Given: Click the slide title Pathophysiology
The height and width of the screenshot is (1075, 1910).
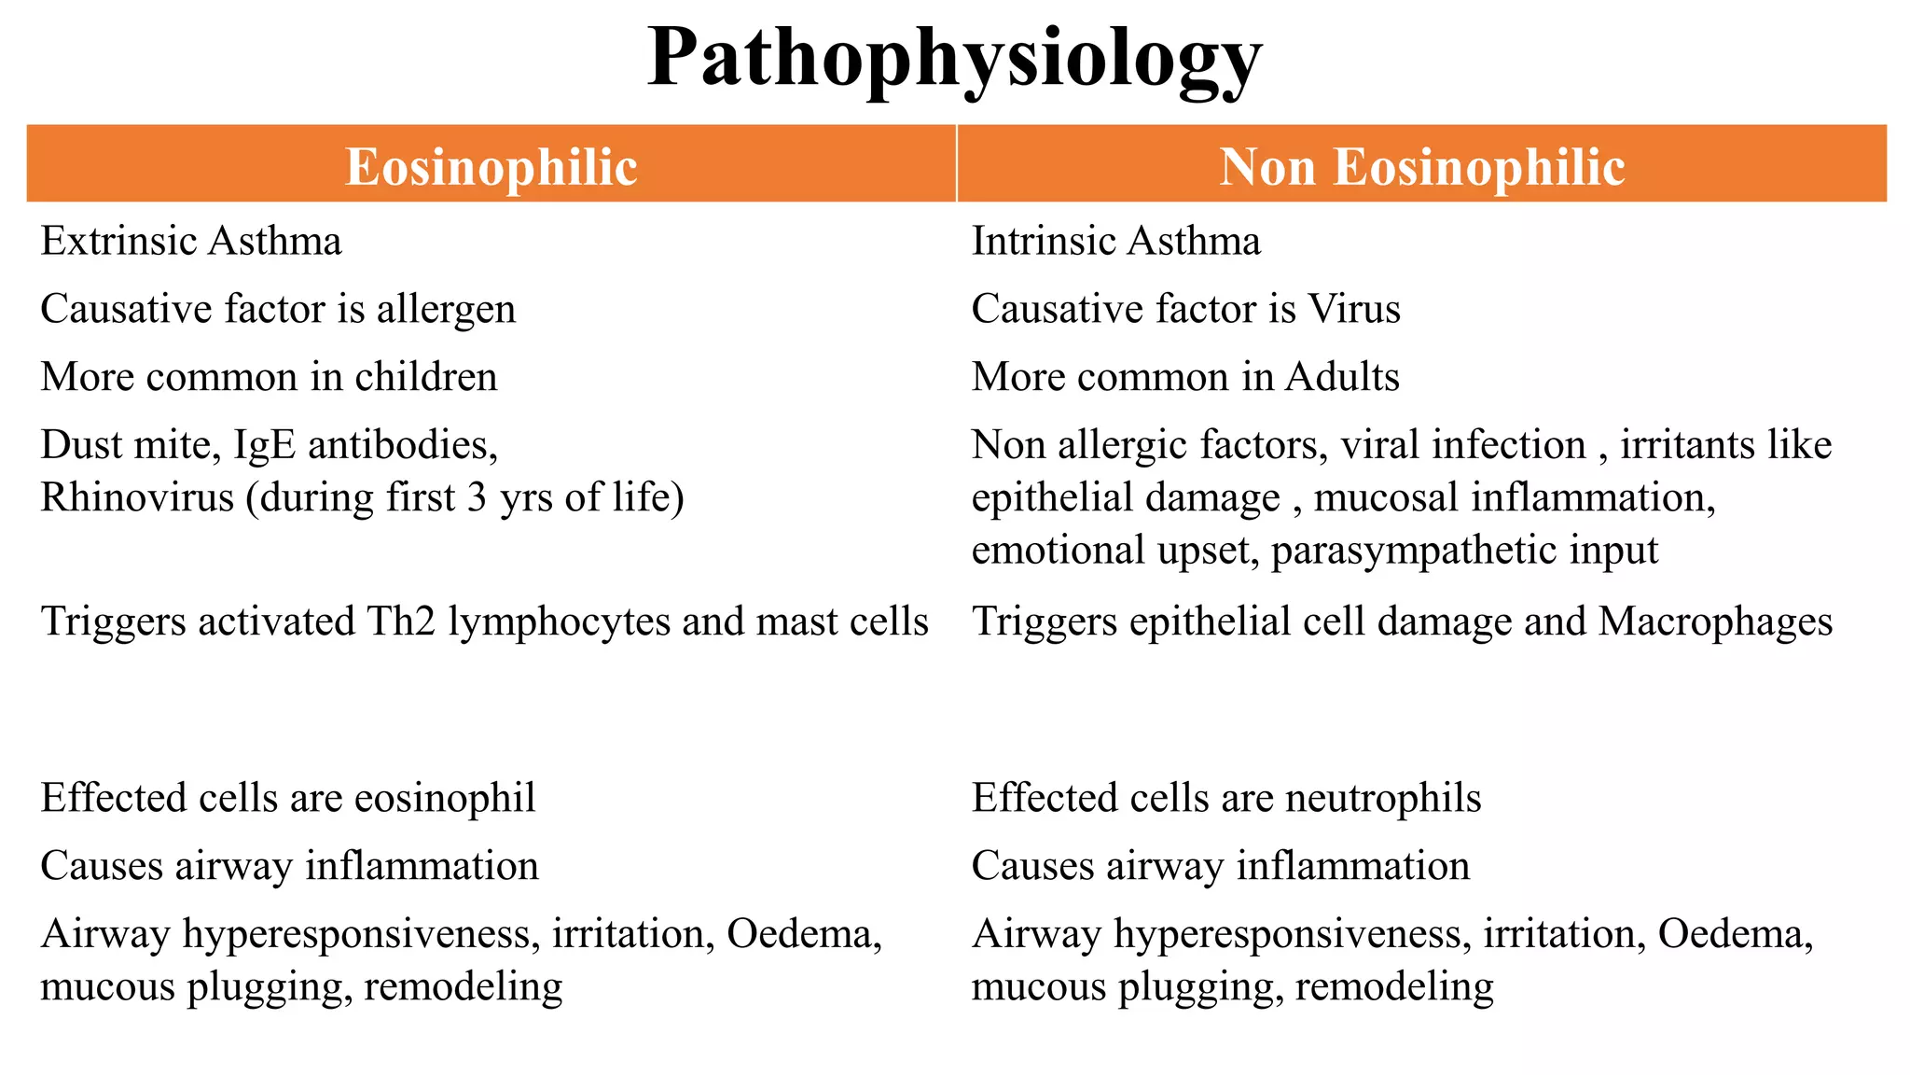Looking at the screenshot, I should (x=954, y=58).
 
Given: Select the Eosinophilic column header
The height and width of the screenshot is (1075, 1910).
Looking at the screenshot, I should (x=491, y=167).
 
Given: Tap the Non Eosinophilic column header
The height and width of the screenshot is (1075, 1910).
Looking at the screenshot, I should (x=1422, y=167).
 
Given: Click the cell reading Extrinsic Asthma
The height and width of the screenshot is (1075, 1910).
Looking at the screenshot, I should (x=191, y=242).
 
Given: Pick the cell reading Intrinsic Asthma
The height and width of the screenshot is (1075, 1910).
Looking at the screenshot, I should (x=1115, y=242).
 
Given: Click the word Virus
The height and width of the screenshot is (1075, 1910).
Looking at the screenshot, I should (x=1354, y=310).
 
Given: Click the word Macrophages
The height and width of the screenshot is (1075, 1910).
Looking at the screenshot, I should (x=1715, y=621).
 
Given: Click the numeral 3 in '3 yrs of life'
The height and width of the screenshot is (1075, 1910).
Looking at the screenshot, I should (x=477, y=497).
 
